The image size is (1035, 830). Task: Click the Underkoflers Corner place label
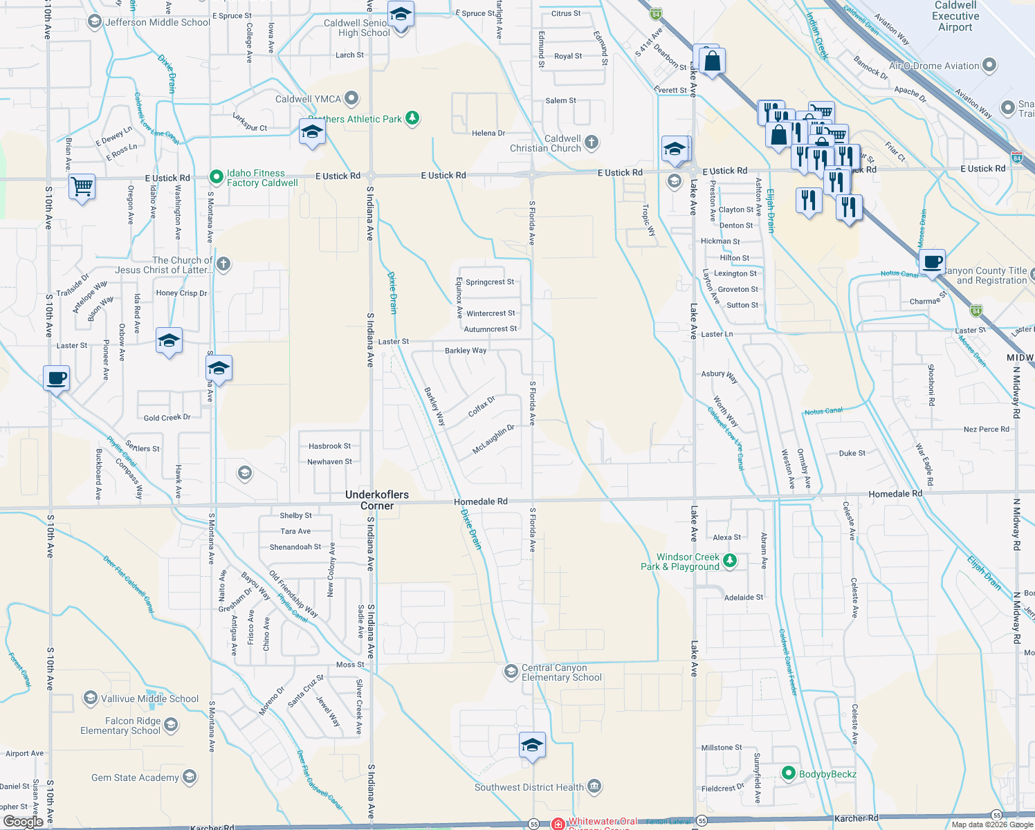pos(377,500)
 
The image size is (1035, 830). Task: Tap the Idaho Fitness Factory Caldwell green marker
pos(217,178)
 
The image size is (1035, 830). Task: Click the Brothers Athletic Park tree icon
pos(412,118)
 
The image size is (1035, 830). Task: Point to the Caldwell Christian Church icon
pos(591,142)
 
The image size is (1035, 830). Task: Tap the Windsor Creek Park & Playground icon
pos(729,561)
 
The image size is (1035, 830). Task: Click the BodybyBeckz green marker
pos(788,773)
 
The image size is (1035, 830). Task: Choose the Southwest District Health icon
pos(594,786)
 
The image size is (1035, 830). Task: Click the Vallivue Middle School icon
pos(90,699)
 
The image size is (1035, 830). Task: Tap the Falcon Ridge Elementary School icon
pos(171,725)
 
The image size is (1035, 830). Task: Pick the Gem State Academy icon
pos(190,777)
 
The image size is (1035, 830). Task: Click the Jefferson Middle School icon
pos(95,22)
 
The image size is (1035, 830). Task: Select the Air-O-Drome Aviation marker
pos(989,66)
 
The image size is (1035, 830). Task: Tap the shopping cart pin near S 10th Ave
pos(82,186)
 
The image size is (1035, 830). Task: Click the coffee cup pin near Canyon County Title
pos(933,262)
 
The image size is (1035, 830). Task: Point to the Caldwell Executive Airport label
pos(955,16)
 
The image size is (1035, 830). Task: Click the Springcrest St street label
pos(490,282)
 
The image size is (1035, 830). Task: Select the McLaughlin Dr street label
pos(493,440)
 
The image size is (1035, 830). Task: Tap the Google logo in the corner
pos(24,821)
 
